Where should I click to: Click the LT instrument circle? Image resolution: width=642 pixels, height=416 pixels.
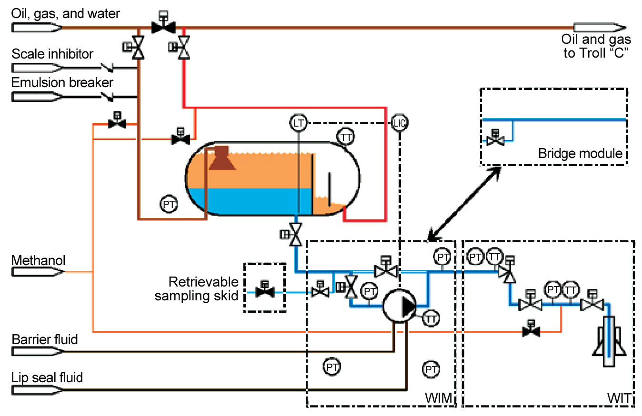298,124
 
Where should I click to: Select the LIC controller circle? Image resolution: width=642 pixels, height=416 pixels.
400,124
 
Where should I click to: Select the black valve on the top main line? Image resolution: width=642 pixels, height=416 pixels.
163,27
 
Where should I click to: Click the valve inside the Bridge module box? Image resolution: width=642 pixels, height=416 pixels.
496,140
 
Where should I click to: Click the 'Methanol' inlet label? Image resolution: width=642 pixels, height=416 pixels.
39,261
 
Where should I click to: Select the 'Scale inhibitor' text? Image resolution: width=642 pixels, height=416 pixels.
52,54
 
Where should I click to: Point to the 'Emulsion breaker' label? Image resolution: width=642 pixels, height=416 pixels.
62,82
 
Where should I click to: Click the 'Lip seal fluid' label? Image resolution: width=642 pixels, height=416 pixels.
47,378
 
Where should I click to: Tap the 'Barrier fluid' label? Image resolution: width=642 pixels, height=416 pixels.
45,340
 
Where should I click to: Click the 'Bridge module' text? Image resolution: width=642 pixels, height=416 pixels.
580,153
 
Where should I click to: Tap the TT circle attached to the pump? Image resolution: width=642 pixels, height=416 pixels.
431,318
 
